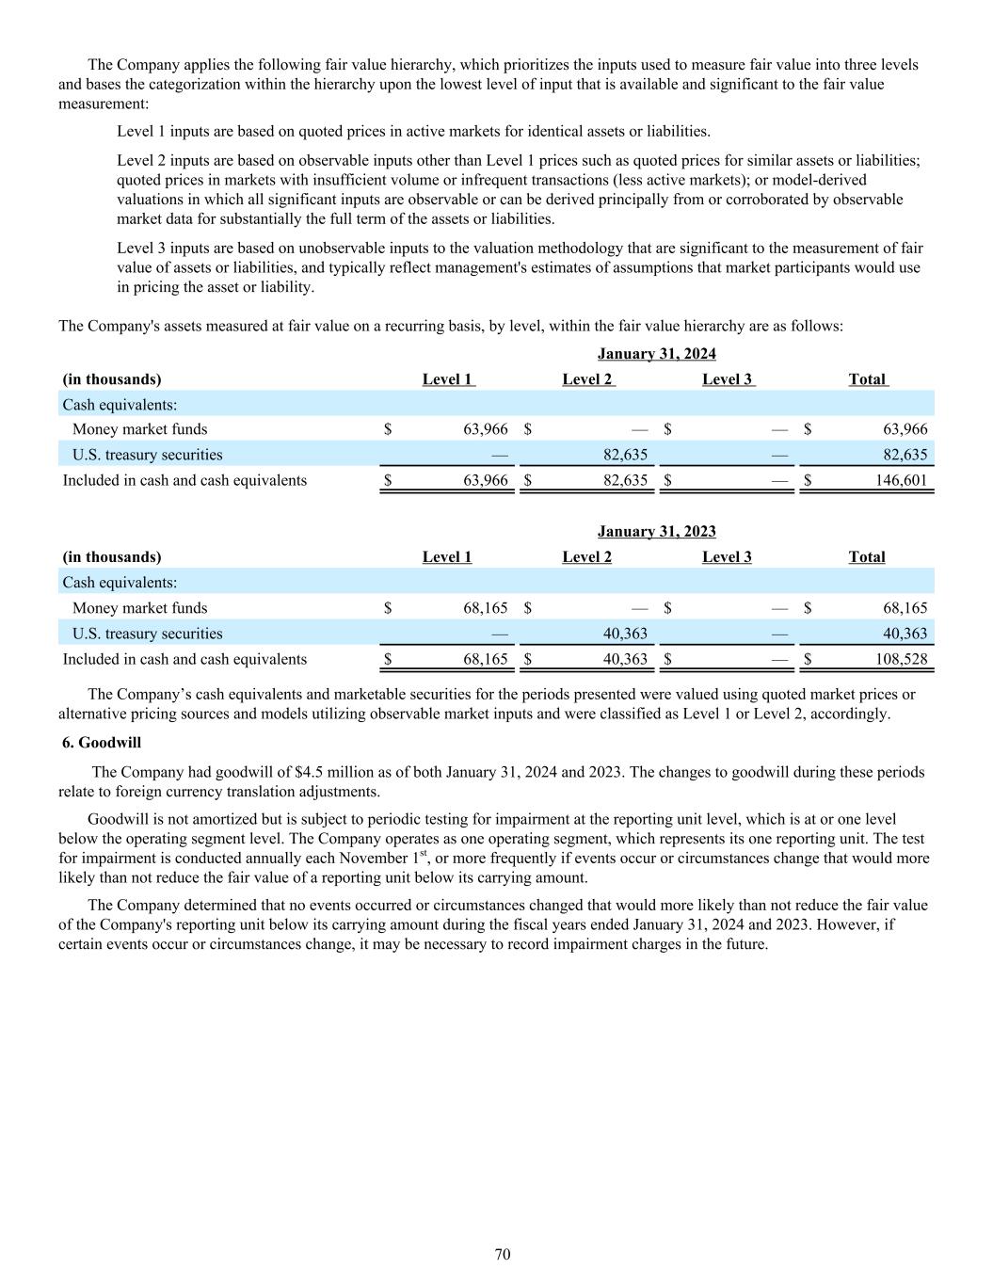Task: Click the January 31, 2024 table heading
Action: click(x=656, y=354)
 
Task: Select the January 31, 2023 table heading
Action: click(x=656, y=532)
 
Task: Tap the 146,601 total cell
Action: click(x=901, y=480)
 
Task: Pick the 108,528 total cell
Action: click(x=901, y=659)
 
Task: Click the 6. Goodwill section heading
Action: click(x=102, y=743)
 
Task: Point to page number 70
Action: click(x=503, y=1254)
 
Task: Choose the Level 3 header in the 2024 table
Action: click(x=727, y=379)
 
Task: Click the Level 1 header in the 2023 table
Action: click(x=447, y=557)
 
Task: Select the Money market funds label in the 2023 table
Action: click(x=139, y=608)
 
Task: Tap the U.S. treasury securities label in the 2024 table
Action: click(x=147, y=455)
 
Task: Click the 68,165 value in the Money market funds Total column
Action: click(x=905, y=608)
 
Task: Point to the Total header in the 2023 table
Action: click(x=867, y=557)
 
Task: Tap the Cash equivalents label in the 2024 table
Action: click(x=120, y=405)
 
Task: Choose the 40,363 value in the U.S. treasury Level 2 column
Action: click(x=625, y=634)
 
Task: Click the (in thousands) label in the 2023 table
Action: click(x=112, y=557)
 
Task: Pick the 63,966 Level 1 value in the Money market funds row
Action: click(x=486, y=429)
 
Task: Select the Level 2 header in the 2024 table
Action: click(x=587, y=379)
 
